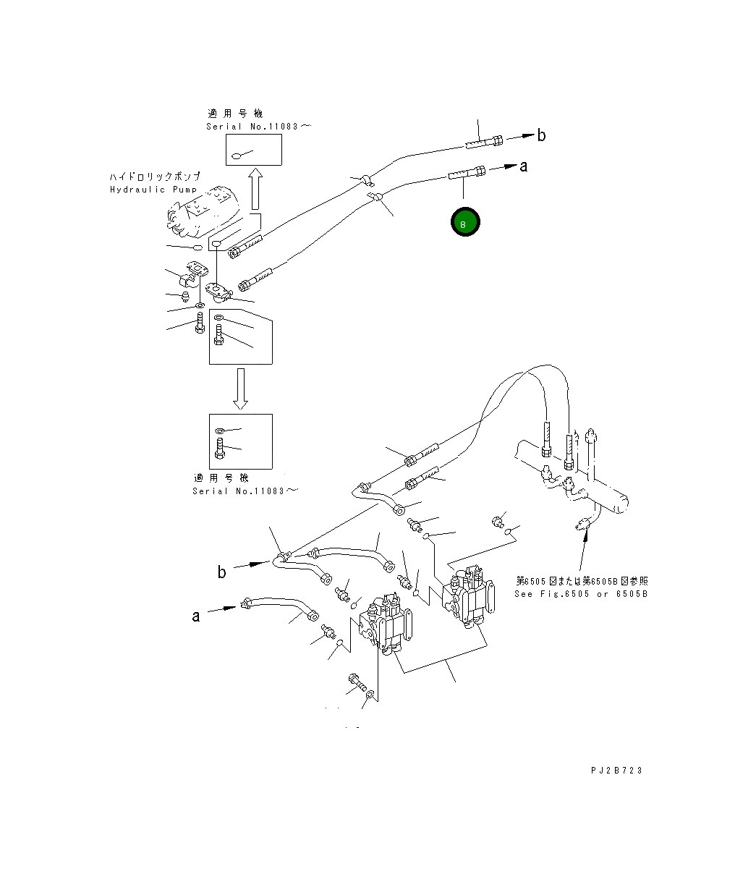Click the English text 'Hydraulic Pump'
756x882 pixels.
(153, 190)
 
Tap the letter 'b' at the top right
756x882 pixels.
(541, 135)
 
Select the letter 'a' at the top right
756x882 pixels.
(524, 166)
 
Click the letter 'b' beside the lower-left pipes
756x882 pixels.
(222, 572)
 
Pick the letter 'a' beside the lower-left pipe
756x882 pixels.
(195, 616)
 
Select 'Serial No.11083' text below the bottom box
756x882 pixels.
(245, 491)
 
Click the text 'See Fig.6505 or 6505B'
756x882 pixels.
(581, 594)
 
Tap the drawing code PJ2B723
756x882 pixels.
(616, 770)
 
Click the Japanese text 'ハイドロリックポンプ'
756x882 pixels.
(155, 177)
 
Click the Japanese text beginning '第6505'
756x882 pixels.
(581, 581)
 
